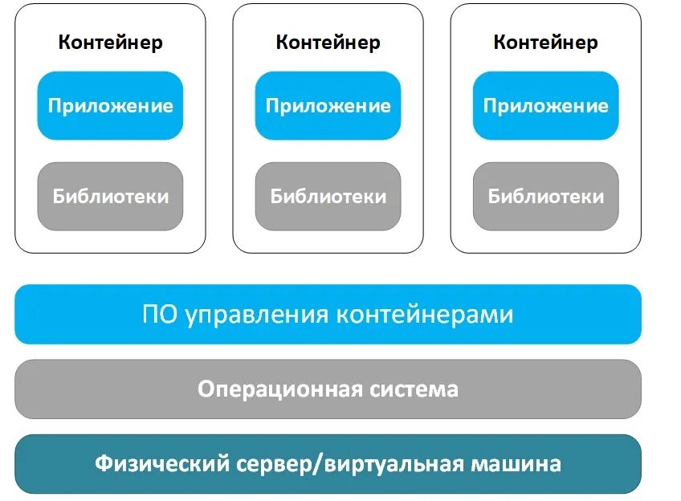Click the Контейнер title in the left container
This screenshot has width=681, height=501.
(110, 43)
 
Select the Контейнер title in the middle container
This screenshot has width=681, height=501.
(328, 43)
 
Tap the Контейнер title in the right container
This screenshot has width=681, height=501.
(545, 43)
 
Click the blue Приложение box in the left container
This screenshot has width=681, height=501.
(110, 105)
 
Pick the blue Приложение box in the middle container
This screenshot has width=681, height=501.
(328, 105)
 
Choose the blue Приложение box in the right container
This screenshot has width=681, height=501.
(545, 105)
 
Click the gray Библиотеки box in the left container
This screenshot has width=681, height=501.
(110, 196)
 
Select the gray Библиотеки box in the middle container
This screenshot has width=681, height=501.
(328, 196)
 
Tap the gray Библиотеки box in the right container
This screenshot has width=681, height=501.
(545, 196)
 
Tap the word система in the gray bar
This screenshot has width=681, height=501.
(414, 389)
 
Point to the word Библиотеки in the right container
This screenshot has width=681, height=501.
(545, 196)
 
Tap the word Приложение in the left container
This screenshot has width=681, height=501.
(110, 105)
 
